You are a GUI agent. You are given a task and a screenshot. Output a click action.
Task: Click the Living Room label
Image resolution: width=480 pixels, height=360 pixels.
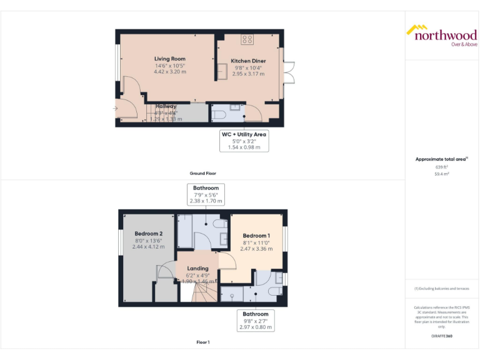[x=169, y=59]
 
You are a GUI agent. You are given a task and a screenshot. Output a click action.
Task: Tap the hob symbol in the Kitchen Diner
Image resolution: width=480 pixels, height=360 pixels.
[x=247, y=39]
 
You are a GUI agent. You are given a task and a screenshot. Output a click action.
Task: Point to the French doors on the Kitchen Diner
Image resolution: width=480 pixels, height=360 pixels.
[x=287, y=73]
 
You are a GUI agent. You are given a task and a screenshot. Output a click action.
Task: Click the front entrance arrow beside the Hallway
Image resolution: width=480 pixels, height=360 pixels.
[x=114, y=109]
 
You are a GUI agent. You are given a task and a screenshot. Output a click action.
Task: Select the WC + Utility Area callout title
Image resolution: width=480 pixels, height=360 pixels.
[x=244, y=134]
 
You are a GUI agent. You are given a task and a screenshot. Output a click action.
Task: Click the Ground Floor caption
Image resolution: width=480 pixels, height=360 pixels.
[x=202, y=173]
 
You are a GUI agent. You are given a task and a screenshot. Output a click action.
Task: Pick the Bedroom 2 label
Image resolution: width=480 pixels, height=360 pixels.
[x=149, y=234]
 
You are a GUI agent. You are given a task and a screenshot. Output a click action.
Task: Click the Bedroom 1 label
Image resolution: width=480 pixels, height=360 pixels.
[x=257, y=236]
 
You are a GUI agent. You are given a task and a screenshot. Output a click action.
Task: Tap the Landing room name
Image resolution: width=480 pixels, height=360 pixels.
[x=198, y=268]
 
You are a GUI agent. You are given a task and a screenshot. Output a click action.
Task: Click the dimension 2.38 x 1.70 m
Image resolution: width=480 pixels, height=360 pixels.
[x=206, y=202]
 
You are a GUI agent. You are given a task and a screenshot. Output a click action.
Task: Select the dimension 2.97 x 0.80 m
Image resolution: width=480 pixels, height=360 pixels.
[x=256, y=327]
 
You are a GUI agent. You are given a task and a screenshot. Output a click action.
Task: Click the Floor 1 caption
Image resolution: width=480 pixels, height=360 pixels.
[x=202, y=342]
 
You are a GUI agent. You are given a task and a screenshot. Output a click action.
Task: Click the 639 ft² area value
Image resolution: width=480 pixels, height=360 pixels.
[x=442, y=167]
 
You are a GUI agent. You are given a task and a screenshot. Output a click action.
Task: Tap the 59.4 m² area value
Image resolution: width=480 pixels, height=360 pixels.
[x=442, y=174]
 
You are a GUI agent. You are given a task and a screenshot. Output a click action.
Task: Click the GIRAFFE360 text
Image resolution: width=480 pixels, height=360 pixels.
[x=442, y=336]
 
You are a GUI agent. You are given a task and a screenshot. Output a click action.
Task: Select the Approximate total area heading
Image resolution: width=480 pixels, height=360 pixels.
[x=441, y=159]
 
